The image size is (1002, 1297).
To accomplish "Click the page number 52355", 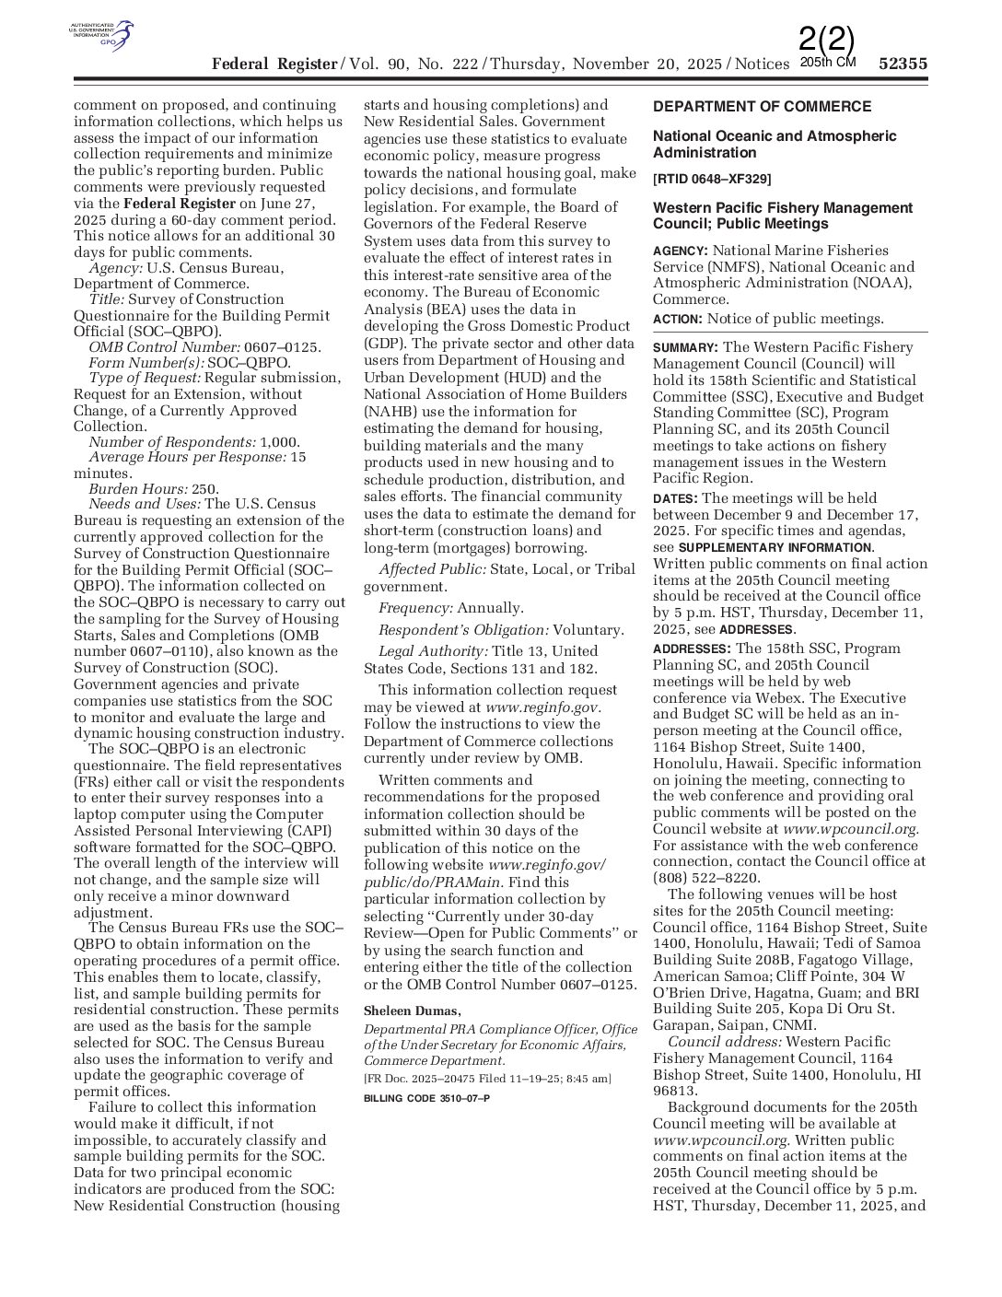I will click(903, 64).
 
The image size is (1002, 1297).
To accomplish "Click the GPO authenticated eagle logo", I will click(102, 36).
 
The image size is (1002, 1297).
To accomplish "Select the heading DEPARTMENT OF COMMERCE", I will click(762, 107).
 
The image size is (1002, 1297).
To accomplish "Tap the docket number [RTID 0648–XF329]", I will click(712, 179).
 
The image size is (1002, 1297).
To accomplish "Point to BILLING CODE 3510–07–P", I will click(426, 1098).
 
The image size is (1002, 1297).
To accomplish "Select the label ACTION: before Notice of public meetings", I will click(678, 319).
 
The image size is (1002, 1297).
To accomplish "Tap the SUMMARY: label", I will click(685, 347).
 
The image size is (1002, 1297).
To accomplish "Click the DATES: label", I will click(675, 498).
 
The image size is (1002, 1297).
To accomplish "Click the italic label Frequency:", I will click(415, 608).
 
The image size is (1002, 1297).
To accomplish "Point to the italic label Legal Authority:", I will click(433, 652).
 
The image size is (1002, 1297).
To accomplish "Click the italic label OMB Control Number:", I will click(164, 347).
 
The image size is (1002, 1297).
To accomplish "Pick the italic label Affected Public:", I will click(432, 569).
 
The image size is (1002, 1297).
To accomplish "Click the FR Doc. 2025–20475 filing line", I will click(486, 1079).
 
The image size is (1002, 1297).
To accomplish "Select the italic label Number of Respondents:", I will click(172, 442).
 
